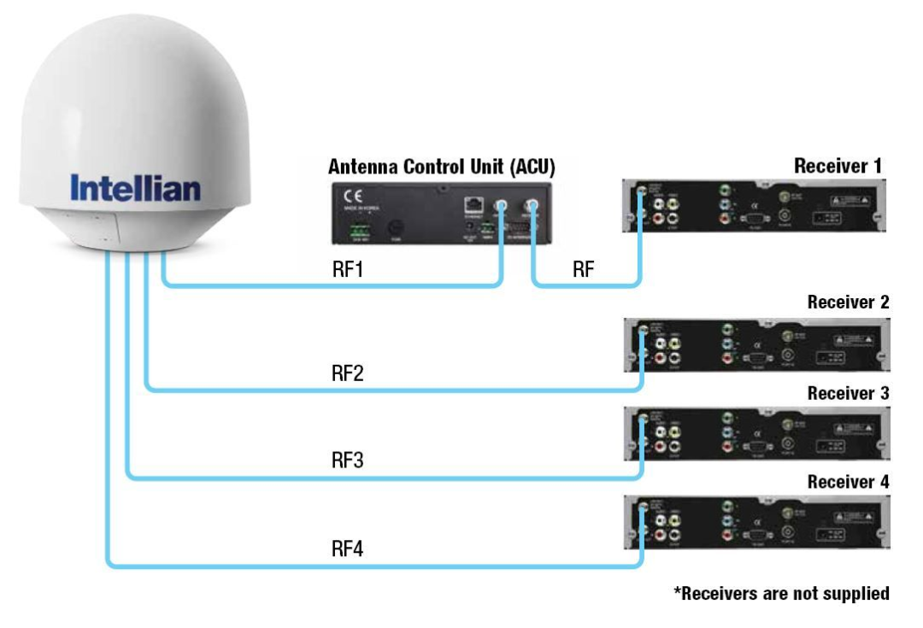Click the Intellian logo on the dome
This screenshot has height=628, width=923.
pyautogui.click(x=135, y=188)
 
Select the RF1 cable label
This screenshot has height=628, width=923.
pyautogui.click(x=347, y=272)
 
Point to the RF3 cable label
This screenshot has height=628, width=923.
pyautogui.click(x=348, y=461)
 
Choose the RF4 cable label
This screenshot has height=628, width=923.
pyautogui.click(x=348, y=548)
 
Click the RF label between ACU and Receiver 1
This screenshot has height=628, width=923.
pyautogui.click(x=584, y=272)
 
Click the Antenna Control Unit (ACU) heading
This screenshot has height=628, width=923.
pyautogui.click(x=441, y=167)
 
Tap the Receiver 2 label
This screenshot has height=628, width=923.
pyautogui.click(x=848, y=302)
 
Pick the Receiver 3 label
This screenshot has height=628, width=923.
pyautogui.click(x=848, y=394)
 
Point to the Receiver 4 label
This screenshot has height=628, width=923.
pyautogui.click(x=848, y=482)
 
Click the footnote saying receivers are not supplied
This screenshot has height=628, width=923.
pyautogui.click(x=781, y=593)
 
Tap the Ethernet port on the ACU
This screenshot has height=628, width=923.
pyautogui.click(x=472, y=204)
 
